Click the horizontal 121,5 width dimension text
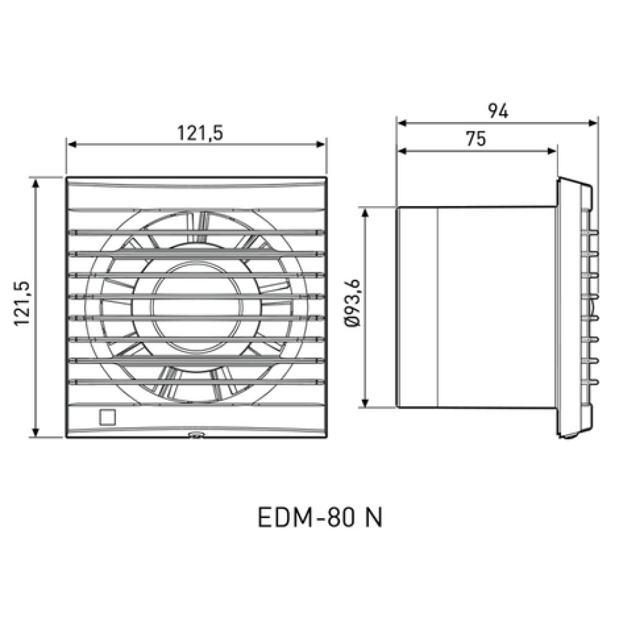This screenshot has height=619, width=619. pyautogui.click(x=200, y=133)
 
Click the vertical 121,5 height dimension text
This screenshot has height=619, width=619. pyautogui.click(x=22, y=303)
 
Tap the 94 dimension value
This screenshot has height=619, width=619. pyautogui.click(x=498, y=111)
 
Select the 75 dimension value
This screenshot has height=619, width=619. pyautogui.click(x=475, y=139)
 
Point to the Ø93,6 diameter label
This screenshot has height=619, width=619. pyautogui.click(x=353, y=303)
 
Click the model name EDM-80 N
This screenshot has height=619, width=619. pyautogui.click(x=320, y=517)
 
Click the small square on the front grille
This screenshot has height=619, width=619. pyautogui.click(x=107, y=417)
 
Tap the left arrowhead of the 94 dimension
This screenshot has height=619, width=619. pyautogui.click(x=402, y=123)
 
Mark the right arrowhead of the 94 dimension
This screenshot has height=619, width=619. pyautogui.click(x=593, y=123)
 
